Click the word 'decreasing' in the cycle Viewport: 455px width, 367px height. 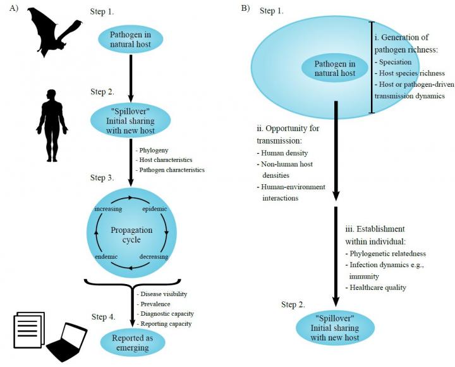tap(154, 258)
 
